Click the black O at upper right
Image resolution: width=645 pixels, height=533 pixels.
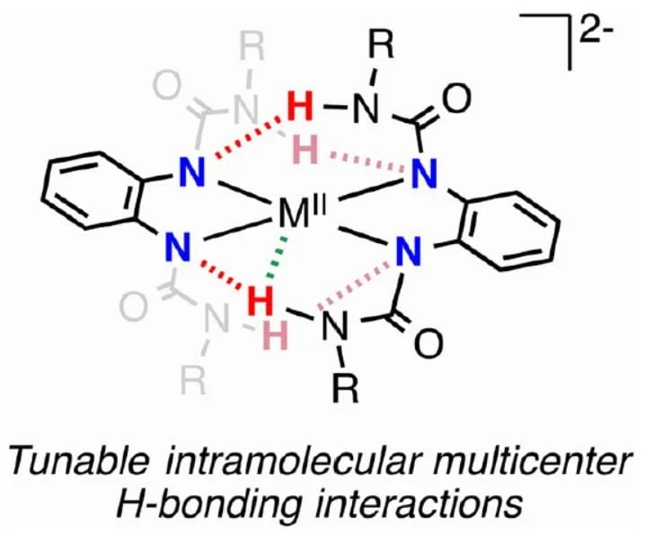(x=456, y=97)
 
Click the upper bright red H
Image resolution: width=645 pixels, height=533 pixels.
(x=304, y=109)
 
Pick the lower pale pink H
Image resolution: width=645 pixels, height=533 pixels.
(x=277, y=336)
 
